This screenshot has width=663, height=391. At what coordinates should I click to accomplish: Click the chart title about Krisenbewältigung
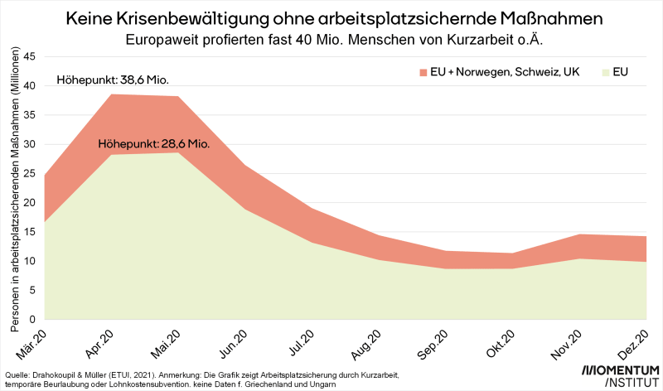coord(331,17)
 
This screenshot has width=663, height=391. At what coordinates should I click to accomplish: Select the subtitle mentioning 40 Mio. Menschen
coord(331,39)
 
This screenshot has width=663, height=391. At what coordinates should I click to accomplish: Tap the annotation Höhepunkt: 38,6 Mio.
coord(112,80)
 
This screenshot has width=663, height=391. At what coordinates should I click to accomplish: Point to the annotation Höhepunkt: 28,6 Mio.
coord(154,143)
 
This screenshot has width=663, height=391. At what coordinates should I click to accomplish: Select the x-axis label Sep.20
coord(436,343)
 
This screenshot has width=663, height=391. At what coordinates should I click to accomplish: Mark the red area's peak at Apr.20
coord(112,94)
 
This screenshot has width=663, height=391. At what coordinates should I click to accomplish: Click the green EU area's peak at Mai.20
coord(178,152)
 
